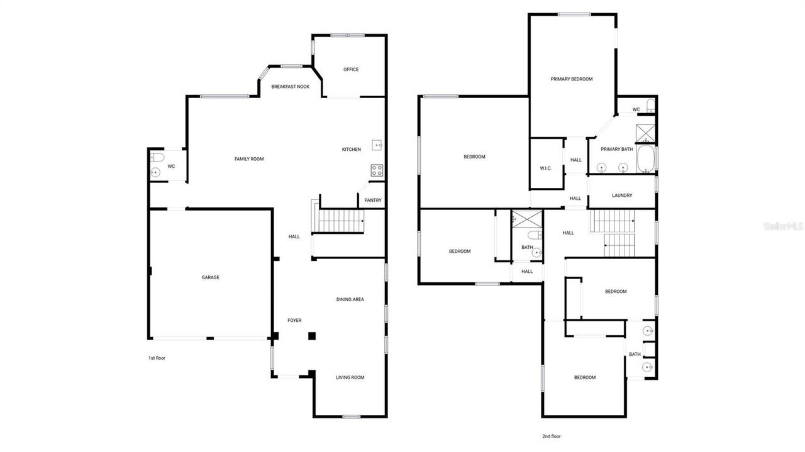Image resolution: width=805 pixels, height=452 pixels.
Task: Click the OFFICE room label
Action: point(351,69)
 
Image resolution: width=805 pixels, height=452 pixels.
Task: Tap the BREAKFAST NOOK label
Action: point(291,87)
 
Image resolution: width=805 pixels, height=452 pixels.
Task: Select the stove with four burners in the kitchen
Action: point(377,170)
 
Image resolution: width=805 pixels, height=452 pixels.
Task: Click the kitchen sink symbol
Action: point(377,145)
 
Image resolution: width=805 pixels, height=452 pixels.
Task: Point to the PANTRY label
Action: point(373,200)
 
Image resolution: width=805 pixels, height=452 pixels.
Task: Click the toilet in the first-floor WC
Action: point(157,157)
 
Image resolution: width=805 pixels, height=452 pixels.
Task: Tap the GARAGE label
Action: point(210,277)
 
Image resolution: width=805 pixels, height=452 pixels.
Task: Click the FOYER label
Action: point(294,320)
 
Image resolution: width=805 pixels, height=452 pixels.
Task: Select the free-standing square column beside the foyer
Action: point(312,336)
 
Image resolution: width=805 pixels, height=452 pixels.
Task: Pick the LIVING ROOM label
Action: point(350,377)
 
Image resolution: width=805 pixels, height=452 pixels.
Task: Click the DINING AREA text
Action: point(350,299)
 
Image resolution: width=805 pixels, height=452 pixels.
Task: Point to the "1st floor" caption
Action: point(157,358)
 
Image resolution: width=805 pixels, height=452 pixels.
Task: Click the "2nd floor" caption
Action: point(552,436)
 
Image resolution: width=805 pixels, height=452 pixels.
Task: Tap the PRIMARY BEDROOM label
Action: point(572,79)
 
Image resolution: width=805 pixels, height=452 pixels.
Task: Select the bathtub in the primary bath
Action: point(646,159)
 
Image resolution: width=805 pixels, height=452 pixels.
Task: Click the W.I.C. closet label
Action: point(545,168)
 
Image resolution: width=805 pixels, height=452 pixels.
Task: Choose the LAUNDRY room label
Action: point(622,196)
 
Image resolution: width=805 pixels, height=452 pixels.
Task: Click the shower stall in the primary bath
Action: point(645,133)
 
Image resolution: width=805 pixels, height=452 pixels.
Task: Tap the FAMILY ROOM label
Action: point(249,159)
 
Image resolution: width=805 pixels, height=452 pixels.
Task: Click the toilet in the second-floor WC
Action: point(651,106)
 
